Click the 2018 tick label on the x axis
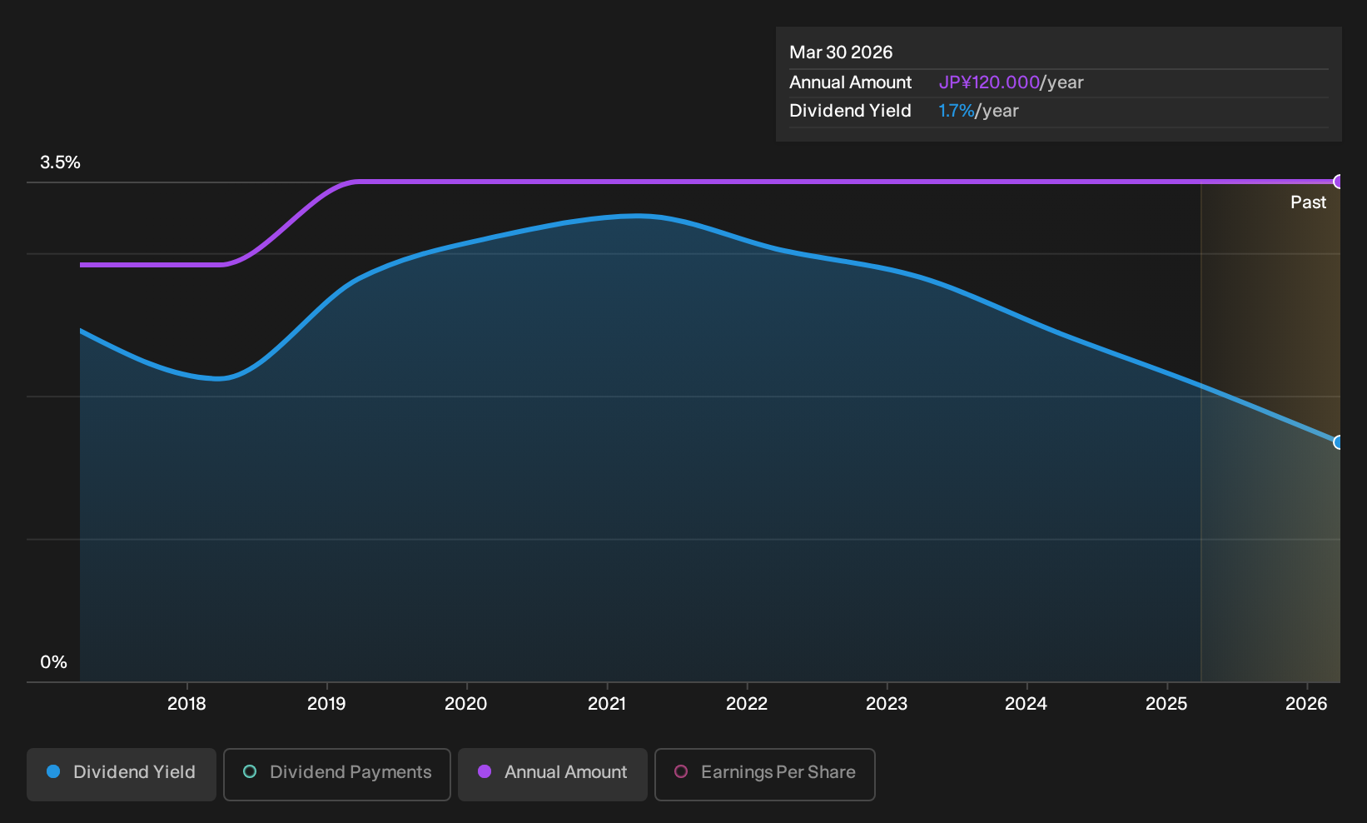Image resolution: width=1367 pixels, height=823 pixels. point(186,704)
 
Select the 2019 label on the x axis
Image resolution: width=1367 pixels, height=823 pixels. point(326,704)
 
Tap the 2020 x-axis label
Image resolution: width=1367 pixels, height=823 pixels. point(466,704)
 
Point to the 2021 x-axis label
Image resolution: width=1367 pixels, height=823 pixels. point(607,704)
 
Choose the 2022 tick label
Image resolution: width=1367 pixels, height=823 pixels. point(747,704)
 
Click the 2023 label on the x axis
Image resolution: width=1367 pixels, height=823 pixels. point(887,704)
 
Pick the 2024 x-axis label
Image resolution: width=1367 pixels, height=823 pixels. point(1026,704)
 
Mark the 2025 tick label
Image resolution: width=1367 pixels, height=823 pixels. point(1166,704)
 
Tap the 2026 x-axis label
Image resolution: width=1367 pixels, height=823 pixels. point(1306,704)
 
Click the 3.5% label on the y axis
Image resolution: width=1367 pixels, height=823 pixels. point(60,162)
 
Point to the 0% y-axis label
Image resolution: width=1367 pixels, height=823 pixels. point(54,662)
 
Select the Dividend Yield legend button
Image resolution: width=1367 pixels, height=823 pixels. point(122,774)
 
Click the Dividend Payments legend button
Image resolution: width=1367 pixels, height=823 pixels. point(337,774)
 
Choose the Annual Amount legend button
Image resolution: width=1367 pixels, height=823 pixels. point(552,774)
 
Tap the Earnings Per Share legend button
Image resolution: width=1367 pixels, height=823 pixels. point(764,774)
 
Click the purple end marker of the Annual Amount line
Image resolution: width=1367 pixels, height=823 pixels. point(1338,182)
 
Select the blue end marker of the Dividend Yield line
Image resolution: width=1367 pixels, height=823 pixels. point(1338,442)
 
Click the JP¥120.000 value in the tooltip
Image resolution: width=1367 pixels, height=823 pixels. point(989,82)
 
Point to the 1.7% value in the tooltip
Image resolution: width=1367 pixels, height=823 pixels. point(957,111)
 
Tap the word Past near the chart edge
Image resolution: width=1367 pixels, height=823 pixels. point(1308,202)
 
